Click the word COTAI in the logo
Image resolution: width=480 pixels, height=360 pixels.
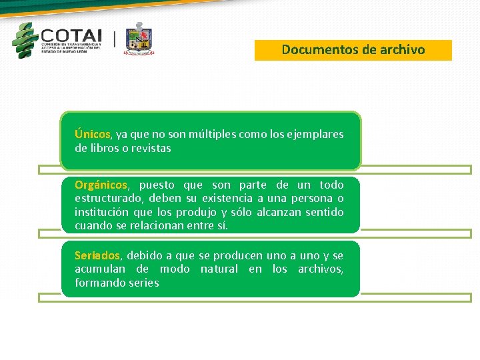click(71, 35)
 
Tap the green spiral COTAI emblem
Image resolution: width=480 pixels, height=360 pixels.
click(25, 40)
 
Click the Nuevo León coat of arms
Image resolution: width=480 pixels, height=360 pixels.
click(139, 39)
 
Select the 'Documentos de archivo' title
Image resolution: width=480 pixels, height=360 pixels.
click(353, 50)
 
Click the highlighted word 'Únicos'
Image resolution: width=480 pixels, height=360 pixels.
click(93, 134)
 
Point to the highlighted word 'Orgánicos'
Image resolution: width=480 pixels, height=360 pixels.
click(101, 185)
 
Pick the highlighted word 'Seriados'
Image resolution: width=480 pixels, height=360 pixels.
click(97, 255)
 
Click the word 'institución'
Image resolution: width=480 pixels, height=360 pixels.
click(102, 212)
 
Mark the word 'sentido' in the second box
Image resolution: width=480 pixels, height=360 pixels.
click(324, 212)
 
